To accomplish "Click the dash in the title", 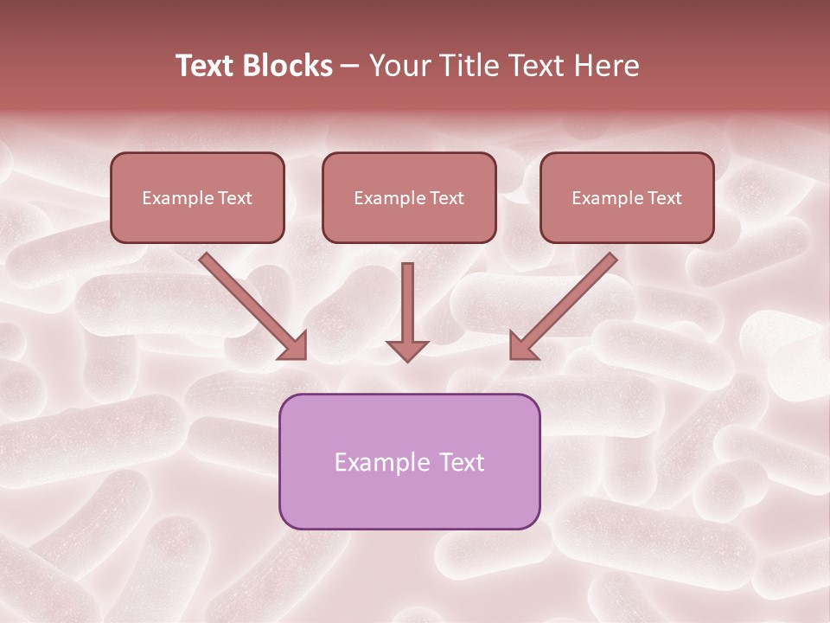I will tap(350, 67).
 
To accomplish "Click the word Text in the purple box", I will tap(461, 463).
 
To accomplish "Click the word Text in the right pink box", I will tap(664, 198).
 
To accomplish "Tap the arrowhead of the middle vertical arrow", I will tap(407, 350).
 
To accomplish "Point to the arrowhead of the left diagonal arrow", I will tap(294, 347).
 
